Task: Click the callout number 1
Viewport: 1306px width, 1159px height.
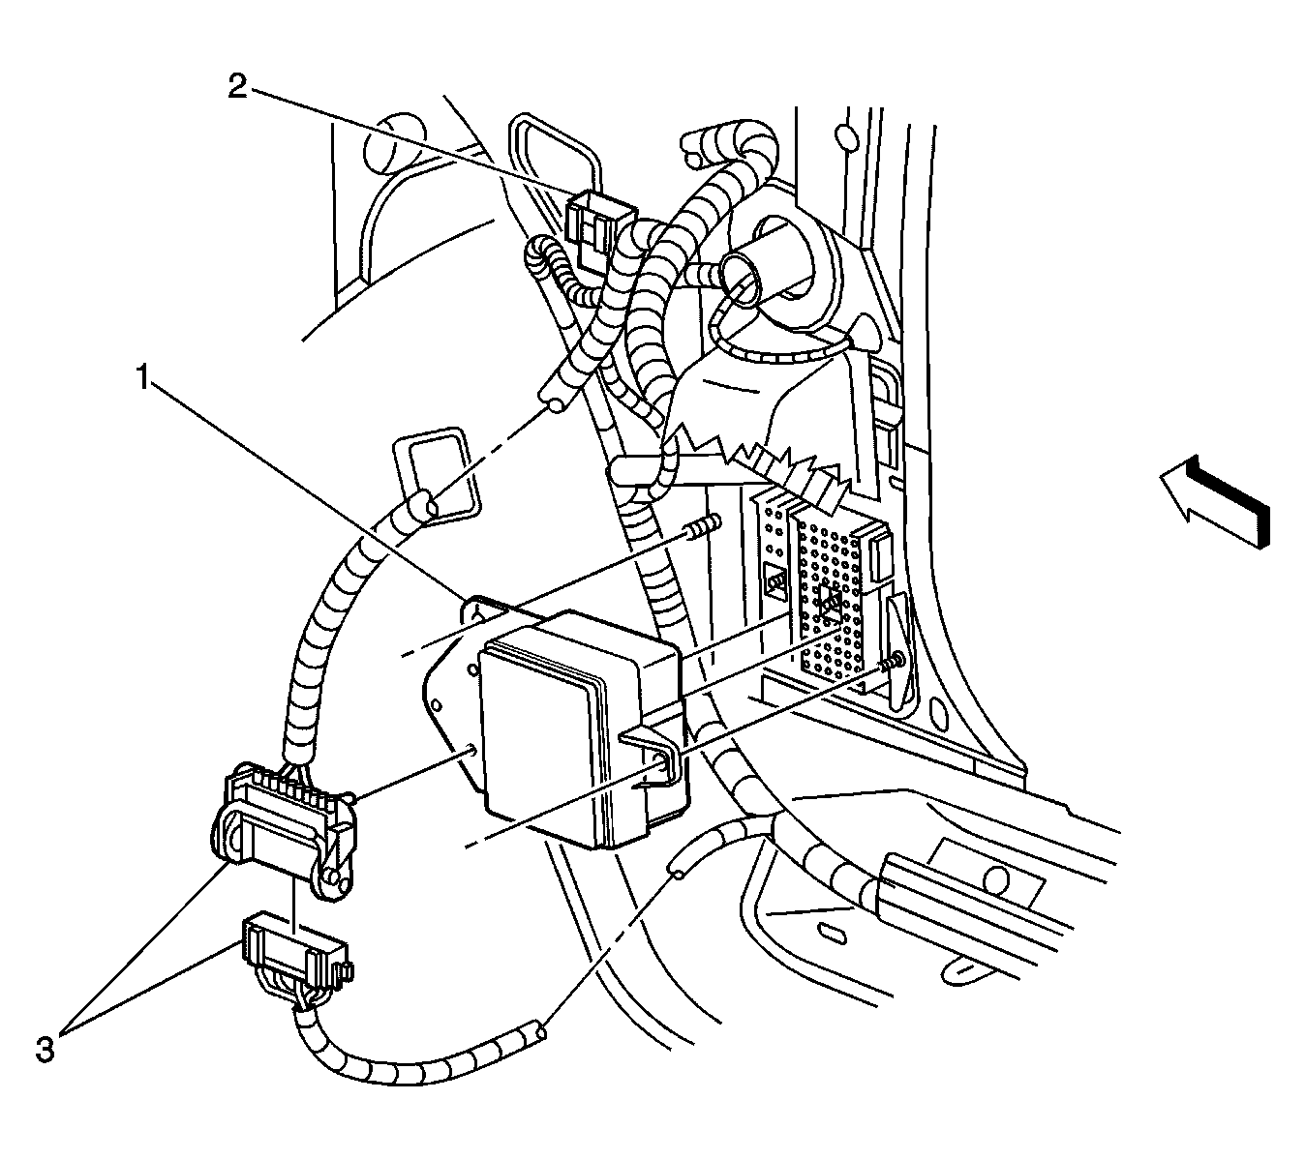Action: (143, 378)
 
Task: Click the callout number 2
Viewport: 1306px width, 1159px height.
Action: (237, 87)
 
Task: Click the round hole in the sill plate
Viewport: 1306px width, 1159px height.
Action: (996, 878)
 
